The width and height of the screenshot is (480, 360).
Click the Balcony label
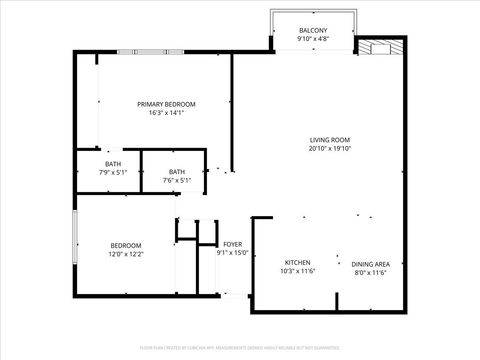(313, 32)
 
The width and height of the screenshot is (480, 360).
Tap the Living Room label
(329, 139)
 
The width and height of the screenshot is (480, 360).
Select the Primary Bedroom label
(166, 104)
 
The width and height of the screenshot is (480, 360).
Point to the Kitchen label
(297, 262)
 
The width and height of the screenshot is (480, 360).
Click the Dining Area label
(370, 262)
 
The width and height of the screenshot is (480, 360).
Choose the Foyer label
(232, 243)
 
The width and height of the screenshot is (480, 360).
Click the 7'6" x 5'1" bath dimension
(176, 181)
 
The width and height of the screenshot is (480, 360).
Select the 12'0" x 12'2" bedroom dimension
(126, 255)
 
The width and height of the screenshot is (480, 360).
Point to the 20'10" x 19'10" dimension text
(329, 149)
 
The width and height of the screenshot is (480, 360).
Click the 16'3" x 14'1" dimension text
(166, 113)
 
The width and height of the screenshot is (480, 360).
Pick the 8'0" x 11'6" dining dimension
(370, 272)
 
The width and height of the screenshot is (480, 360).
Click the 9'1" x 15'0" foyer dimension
(232, 253)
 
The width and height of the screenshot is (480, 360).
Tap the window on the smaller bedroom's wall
(74, 239)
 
